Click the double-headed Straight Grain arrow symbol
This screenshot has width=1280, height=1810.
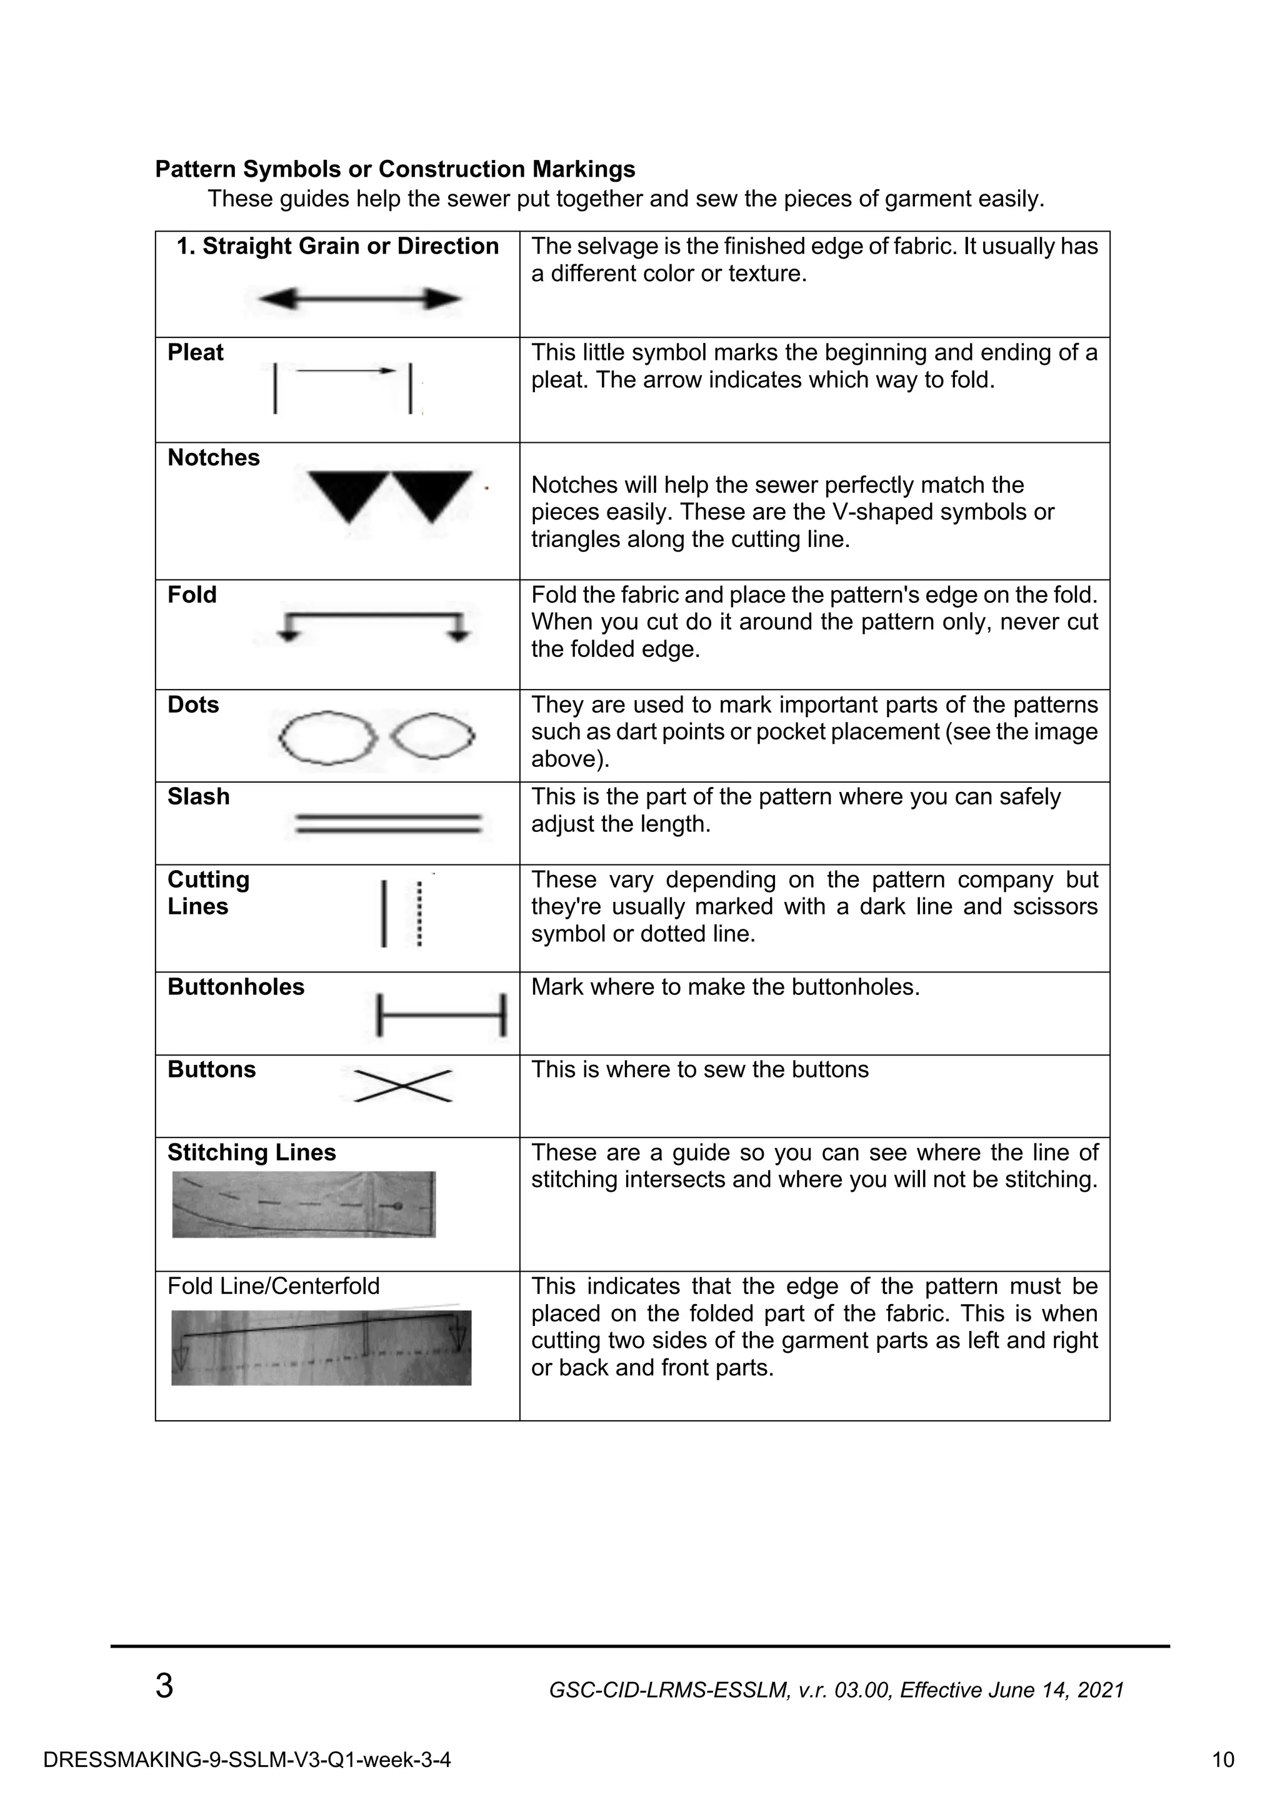359,299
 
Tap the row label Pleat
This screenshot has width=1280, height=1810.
195,352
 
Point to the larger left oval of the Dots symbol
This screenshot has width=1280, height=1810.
327,737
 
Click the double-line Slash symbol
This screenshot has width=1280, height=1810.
388,824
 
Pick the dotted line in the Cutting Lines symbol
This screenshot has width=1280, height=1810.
419,914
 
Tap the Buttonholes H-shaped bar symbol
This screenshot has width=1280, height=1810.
442,1016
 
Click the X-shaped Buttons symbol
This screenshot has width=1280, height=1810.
403,1086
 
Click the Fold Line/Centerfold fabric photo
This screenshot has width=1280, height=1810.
321,1347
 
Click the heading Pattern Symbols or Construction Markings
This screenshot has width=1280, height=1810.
395,169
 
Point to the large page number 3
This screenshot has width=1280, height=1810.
164,1687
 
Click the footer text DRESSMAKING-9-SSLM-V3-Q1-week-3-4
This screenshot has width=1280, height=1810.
247,1759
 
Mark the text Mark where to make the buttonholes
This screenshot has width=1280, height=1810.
725,987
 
